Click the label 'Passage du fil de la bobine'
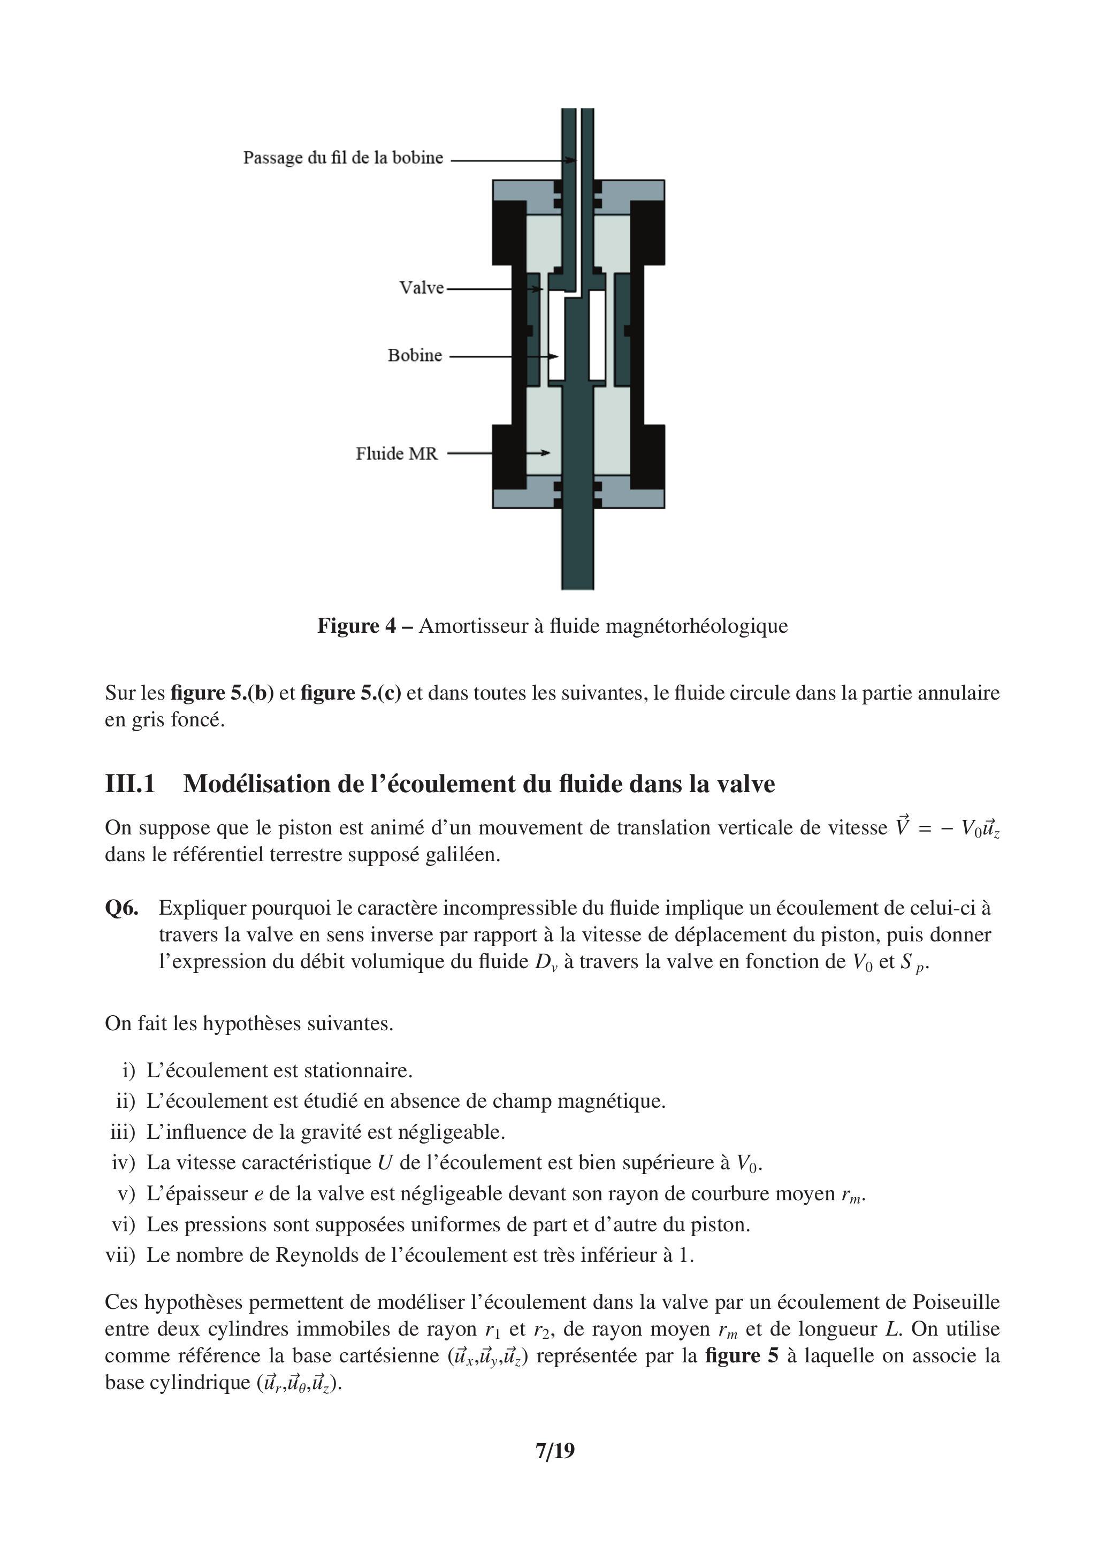pyautogui.click(x=343, y=158)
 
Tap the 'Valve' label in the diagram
pyautogui.click(x=421, y=288)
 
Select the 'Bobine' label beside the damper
pyautogui.click(x=414, y=356)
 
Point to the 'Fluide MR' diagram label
pyautogui.click(x=396, y=454)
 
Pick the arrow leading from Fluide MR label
pyautogui.click(x=498, y=453)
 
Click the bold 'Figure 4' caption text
pyautogui.click(x=356, y=625)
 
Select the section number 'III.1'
pyautogui.click(x=130, y=784)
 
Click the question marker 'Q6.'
pyautogui.click(x=121, y=908)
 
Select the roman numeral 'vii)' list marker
pyautogui.click(x=120, y=1255)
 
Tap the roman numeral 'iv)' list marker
pyautogui.click(x=124, y=1163)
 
